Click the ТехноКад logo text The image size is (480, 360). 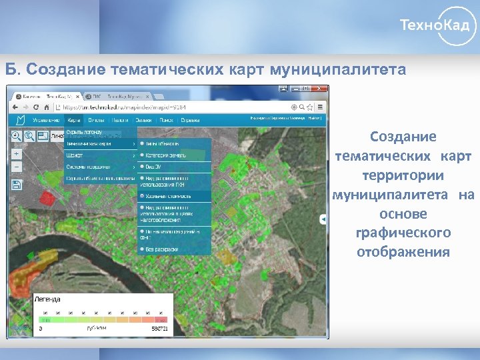tap(437, 26)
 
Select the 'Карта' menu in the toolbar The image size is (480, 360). tap(74, 121)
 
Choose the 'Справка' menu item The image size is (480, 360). tap(191, 121)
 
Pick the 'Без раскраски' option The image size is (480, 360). tap(162, 249)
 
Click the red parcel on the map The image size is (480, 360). tap(47, 197)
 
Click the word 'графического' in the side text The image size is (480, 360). tap(403, 233)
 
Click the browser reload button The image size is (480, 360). tap(47, 107)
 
